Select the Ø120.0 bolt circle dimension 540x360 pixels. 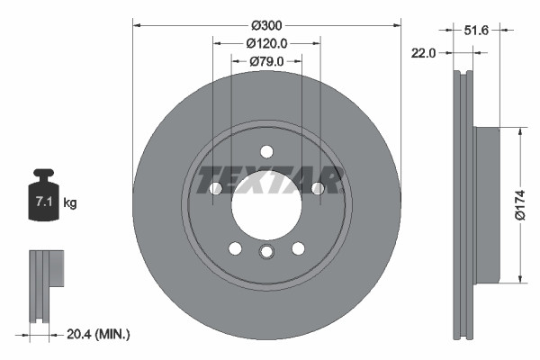pos(266,42)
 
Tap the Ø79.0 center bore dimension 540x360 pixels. pos(266,61)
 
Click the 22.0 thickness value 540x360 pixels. pos(423,54)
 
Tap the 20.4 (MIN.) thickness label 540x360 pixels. pos(100,334)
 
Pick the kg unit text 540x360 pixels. pos(70,203)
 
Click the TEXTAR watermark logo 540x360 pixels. pos(269,180)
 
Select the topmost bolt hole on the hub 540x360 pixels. pos(265,151)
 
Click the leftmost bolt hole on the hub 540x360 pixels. pos(215,188)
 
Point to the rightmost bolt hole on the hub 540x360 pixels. pos(317,188)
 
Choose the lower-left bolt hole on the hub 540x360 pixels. pos(234,247)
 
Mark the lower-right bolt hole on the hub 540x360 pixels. pos(297,247)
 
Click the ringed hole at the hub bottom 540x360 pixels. pos(265,252)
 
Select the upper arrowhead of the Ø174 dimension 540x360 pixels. pos(519,131)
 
